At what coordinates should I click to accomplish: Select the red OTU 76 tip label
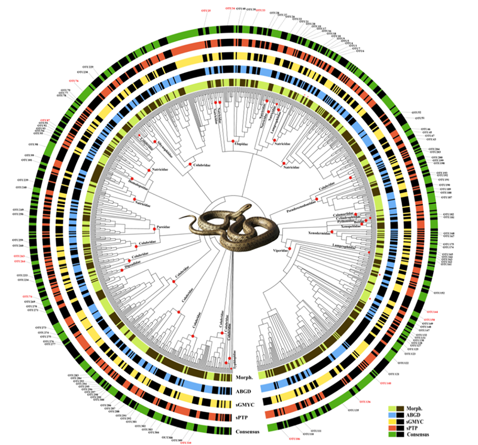click(x=74, y=81)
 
